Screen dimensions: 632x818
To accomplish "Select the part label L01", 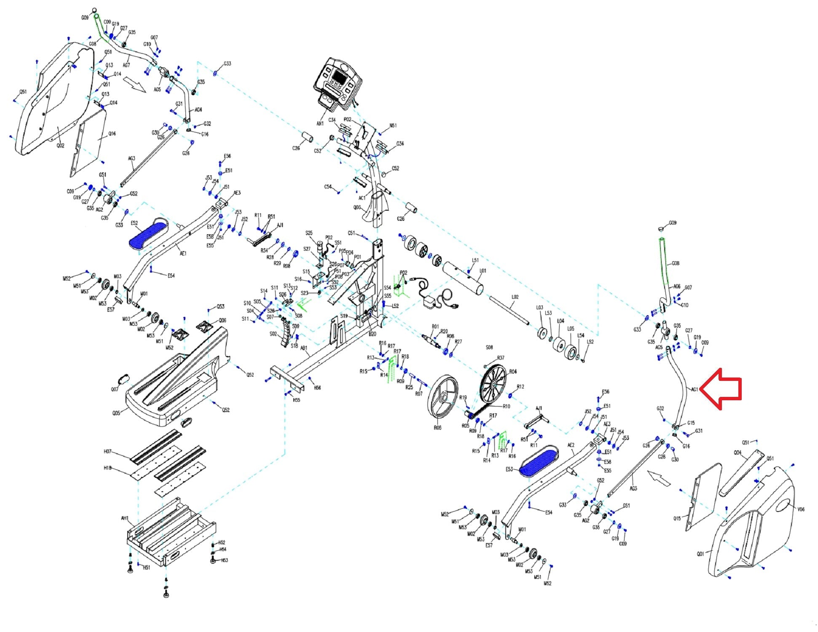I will click(x=483, y=270).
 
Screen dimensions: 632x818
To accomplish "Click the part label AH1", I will click(x=125, y=518).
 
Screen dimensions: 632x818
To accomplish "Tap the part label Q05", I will click(x=116, y=413).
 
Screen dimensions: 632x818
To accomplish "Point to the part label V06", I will click(x=801, y=509).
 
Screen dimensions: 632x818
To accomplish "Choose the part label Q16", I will click(x=112, y=134).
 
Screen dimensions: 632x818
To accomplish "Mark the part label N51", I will click(x=393, y=126).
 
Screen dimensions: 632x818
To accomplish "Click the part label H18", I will click(x=108, y=468).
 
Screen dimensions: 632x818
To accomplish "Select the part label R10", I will click(x=506, y=407).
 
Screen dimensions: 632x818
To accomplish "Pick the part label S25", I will click(x=309, y=233).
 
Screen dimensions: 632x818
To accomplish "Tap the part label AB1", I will click(x=303, y=348).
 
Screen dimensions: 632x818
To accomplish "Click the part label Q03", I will click(x=357, y=207).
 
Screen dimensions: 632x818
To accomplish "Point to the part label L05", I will click(x=571, y=329).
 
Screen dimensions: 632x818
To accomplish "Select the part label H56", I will click(x=317, y=388).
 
